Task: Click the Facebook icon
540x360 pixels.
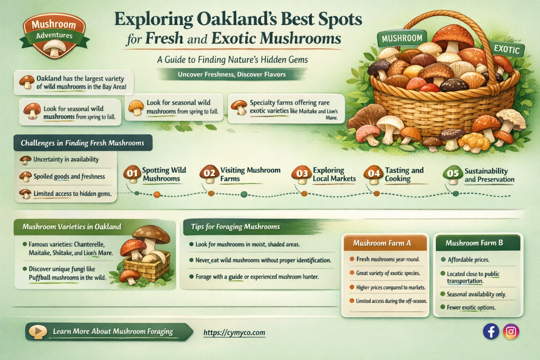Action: (x=491, y=331)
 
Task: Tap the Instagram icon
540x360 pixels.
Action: (x=511, y=331)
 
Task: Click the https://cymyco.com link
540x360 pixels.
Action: (x=234, y=333)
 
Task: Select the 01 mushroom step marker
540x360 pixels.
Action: (x=132, y=174)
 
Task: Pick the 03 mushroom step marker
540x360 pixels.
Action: (x=302, y=174)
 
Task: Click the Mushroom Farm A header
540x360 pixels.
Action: (x=385, y=243)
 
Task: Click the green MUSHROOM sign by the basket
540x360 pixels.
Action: (x=402, y=38)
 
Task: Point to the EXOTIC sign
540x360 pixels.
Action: (x=507, y=49)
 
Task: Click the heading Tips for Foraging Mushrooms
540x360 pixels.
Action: (x=235, y=227)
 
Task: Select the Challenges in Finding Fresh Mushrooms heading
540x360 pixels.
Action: (x=83, y=143)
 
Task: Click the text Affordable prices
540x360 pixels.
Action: (x=468, y=260)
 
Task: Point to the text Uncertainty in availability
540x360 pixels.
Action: (x=66, y=159)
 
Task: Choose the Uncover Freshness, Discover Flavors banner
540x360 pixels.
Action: (x=231, y=75)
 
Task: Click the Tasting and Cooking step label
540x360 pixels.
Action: (x=404, y=174)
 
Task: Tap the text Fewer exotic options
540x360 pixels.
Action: (x=471, y=308)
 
